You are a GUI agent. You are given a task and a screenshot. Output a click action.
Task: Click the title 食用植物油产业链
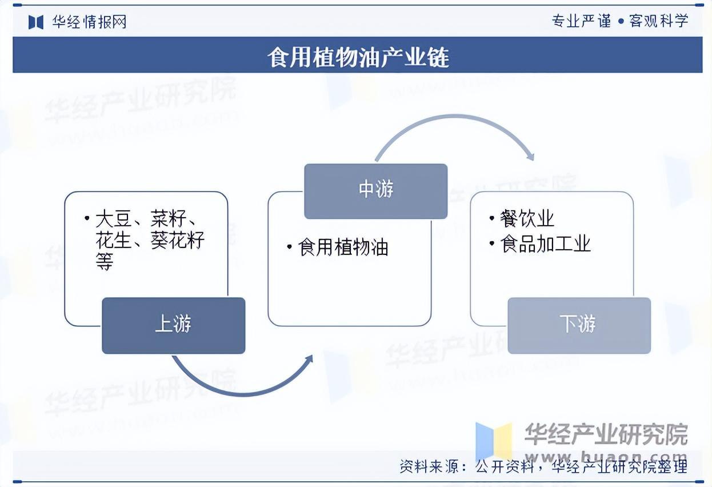(x=358, y=58)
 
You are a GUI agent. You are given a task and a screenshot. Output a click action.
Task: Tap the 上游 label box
(x=173, y=325)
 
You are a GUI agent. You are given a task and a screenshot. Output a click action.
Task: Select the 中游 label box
(x=375, y=190)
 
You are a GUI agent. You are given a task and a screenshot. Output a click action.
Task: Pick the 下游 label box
(x=579, y=325)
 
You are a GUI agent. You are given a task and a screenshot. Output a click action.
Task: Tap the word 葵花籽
(x=177, y=240)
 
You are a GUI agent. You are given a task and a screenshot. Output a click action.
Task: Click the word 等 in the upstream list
(x=105, y=262)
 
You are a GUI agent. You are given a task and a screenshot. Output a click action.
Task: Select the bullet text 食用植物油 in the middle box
(x=343, y=248)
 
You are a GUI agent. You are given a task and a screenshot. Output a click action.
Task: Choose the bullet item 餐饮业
(x=527, y=218)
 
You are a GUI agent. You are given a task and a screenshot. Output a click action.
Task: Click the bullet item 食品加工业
(x=545, y=245)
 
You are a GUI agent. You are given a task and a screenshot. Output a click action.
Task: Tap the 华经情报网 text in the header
(x=89, y=22)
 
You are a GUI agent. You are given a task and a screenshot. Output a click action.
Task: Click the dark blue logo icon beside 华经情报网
(x=36, y=22)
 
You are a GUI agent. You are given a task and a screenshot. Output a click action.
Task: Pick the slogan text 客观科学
(x=658, y=21)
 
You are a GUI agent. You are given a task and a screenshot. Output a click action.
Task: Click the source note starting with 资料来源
(x=543, y=466)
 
